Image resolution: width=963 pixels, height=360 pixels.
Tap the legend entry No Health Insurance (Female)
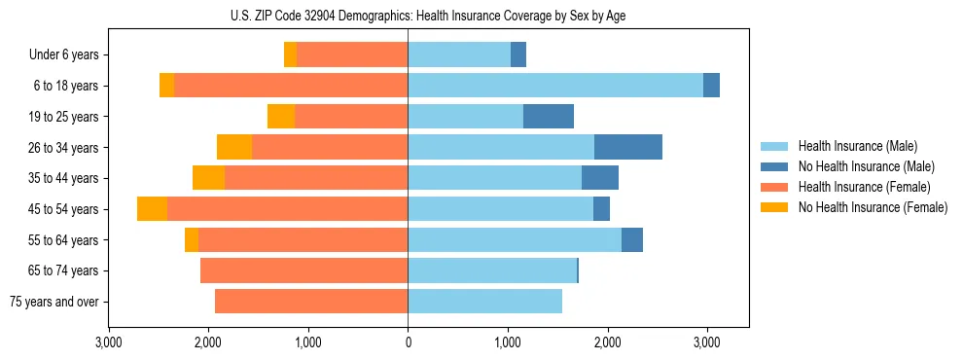873,207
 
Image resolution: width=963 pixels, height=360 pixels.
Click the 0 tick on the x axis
408,342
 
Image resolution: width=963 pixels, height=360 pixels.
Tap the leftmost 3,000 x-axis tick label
109,342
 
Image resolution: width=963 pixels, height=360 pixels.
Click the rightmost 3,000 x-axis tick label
707,342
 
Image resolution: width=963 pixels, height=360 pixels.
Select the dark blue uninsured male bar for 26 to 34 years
627,147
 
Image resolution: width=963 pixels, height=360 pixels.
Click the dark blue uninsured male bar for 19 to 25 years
548,117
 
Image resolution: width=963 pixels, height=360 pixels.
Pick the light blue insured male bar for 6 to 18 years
554,86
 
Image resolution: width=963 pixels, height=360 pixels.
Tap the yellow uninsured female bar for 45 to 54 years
152,209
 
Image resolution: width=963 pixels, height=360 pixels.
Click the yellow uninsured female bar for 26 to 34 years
234,147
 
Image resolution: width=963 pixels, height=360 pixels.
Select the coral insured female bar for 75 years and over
311,302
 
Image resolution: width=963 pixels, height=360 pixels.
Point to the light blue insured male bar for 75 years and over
484,302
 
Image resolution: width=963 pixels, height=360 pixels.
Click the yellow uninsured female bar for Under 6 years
290,55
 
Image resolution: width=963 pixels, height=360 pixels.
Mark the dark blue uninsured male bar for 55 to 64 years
631,239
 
